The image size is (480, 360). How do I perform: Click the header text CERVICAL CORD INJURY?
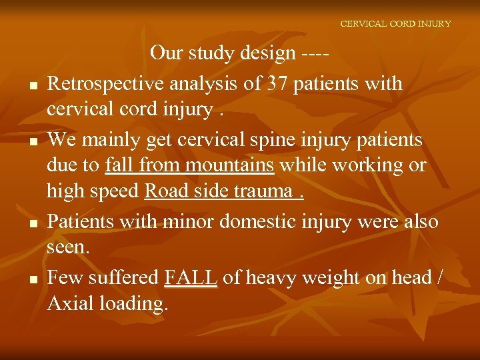pyautogui.click(x=395, y=23)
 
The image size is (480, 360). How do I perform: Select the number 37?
pyautogui.click(x=275, y=84)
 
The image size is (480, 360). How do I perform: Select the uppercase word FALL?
pyautogui.click(x=190, y=277)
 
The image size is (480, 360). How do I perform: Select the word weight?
pyautogui.click(x=329, y=277)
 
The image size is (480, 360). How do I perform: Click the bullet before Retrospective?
pyautogui.click(x=33, y=86)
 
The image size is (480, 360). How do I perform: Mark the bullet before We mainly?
pyautogui.click(x=33, y=142)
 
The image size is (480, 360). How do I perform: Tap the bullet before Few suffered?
pyautogui.click(x=33, y=279)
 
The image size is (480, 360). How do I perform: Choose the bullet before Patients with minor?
pyautogui.click(x=33, y=223)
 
